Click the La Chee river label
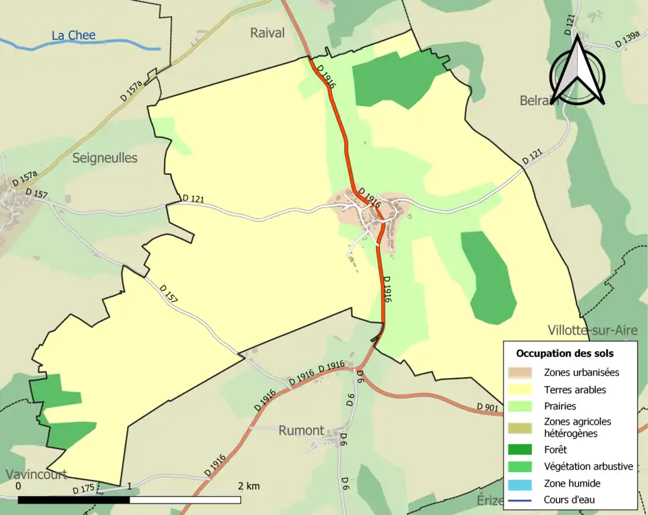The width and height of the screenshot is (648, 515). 74,35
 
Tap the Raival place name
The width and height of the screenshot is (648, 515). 267,33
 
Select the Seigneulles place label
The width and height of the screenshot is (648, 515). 105,158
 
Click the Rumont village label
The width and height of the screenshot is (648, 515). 301,431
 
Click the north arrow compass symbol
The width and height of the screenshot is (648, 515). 576,71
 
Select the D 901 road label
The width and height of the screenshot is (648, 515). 487,407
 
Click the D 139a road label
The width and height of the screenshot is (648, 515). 626,42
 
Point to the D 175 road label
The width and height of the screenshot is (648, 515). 84,489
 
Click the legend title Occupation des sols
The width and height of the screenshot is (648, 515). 564,353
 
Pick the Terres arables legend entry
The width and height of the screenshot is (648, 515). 574,389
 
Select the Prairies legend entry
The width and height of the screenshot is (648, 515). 560,406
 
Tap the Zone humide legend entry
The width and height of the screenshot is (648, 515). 572,483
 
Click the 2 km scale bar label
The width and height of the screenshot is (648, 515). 248,486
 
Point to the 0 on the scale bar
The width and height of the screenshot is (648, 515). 18,486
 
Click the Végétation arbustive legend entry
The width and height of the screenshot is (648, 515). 588,466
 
